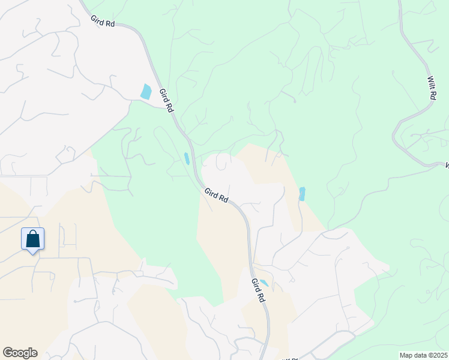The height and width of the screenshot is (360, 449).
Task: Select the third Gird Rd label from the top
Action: pyautogui.click(x=216, y=195)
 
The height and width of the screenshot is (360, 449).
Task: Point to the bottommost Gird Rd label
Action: pyautogui.click(x=259, y=290)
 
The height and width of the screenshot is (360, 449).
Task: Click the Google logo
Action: pyautogui.click(x=20, y=353)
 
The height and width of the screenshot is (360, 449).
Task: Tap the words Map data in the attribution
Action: pyautogui.click(x=414, y=355)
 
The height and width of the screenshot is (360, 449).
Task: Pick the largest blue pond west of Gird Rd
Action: pyautogui.click(x=146, y=92)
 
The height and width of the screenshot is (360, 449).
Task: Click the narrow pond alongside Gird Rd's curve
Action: pyautogui.click(x=187, y=159)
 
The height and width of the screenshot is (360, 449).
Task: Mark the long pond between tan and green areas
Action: pyautogui.click(x=302, y=194)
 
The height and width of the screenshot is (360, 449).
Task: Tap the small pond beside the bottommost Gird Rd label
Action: pyautogui.click(x=264, y=283)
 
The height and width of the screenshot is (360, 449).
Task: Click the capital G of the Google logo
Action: pyautogui.click(x=8, y=353)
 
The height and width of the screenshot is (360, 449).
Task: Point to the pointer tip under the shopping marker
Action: pyautogui.click(x=33, y=254)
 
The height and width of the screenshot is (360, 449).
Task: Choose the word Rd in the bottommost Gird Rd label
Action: pyautogui.click(x=262, y=296)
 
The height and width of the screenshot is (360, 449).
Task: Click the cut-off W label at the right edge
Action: pyautogui.click(x=446, y=164)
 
